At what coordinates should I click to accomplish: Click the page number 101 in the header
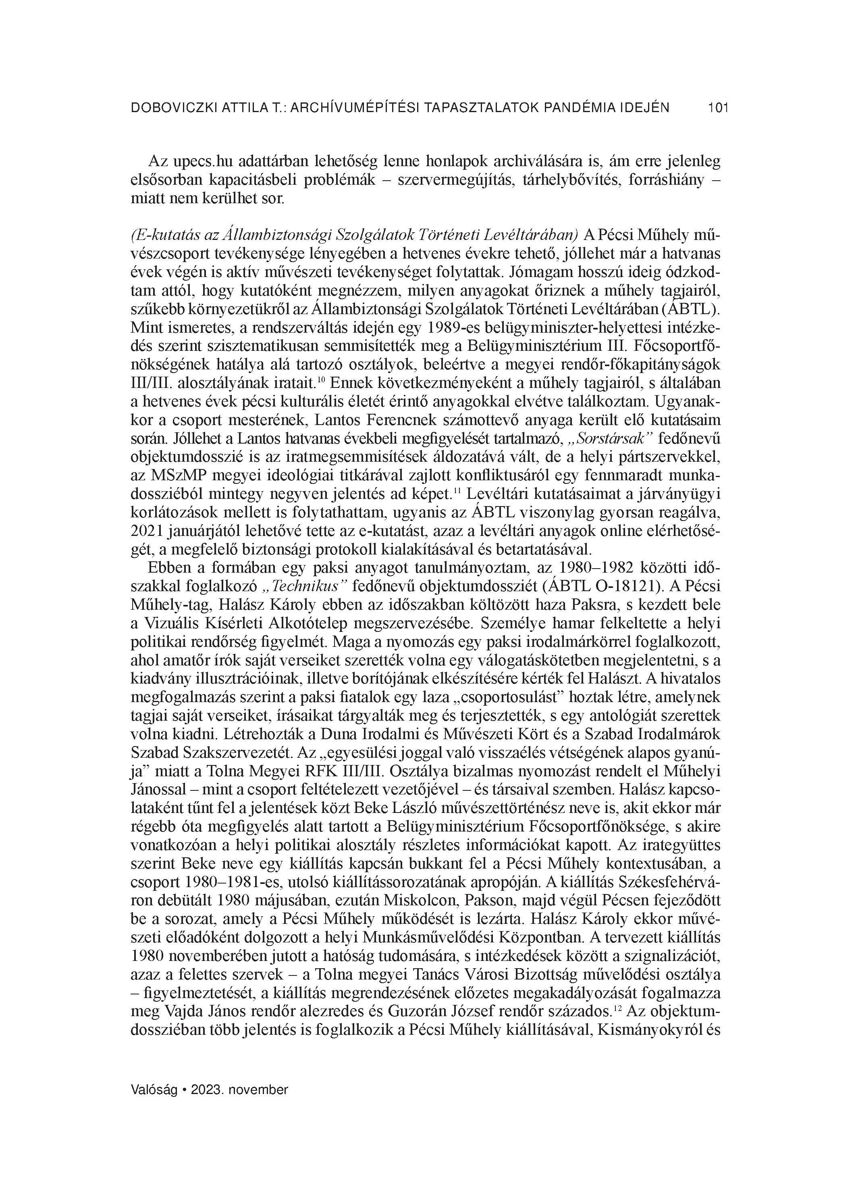(x=717, y=108)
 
